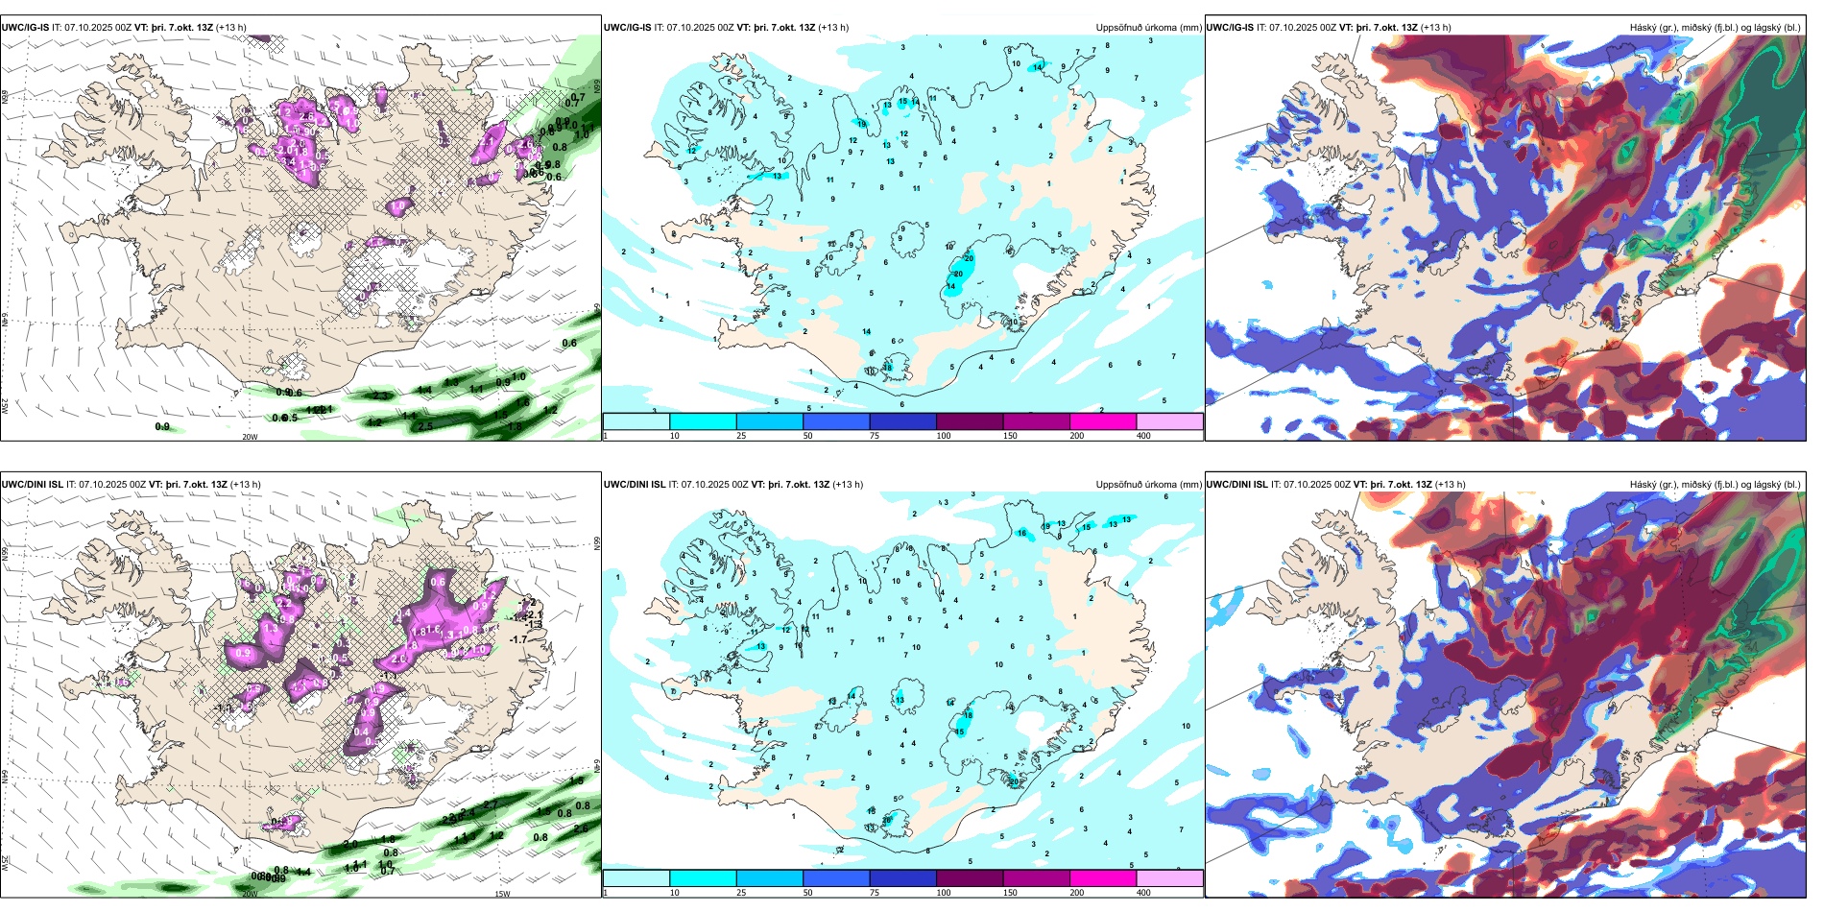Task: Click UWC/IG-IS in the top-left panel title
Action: pyautogui.click(x=25, y=28)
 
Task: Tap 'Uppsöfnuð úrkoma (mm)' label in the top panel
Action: pyautogui.click(x=1148, y=28)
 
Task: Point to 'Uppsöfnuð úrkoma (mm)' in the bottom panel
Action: pyautogui.click(x=1148, y=485)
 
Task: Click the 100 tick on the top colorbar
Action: pyautogui.click(x=943, y=436)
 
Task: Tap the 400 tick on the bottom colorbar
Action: pyautogui.click(x=1143, y=893)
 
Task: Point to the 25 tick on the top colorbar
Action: pyautogui.click(x=741, y=436)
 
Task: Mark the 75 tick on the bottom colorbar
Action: pyautogui.click(x=875, y=893)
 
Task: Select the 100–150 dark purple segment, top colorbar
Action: pyautogui.click(x=970, y=421)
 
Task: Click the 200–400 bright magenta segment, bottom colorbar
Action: pyautogui.click(x=1103, y=878)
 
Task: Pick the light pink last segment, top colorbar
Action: pyautogui.click(x=1169, y=421)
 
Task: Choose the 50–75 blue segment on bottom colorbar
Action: pyautogui.click(x=836, y=878)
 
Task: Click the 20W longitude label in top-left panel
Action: pyautogui.click(x=250, y=436)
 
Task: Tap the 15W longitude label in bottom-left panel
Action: pyautogui.click(x=501, y=894)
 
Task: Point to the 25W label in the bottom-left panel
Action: pyautogui.click(x=5, y=863)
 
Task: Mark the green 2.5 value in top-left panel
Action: pyautogui.click(x=426, y=426)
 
